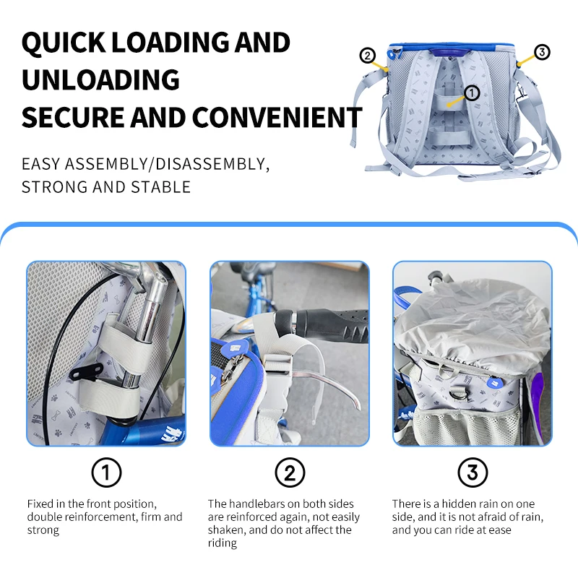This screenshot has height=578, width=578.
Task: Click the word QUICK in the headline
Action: pyautogui.click(x=64, y=43)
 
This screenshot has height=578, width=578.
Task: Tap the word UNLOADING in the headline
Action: pyautogui.click(x=100, y=79)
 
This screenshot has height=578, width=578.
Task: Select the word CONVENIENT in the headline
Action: pyautogui.click(x=277, y=117)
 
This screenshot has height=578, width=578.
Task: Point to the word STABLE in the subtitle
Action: pyautogui.click(x=160, y=187)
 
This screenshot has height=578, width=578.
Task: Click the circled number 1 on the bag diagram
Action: pyautogui.click(x=472, y=93)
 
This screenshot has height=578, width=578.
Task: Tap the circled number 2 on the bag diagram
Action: pyautogui.click(x=367, y=56)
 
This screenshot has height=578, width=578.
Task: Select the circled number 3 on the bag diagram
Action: pyautogui.click(x=542, y=52)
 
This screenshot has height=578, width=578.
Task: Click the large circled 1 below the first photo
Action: pyautogui.click(x=106, y=473)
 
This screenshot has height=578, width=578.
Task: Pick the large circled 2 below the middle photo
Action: pyautogui.click(x=290, y=473)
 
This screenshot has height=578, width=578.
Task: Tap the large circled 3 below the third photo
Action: pyautogui.click(x=473, y=473)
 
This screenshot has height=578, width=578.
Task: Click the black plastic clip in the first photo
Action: pyautogui.click(x=85, y=371)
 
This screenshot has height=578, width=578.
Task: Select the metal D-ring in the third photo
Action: pyautogui.click(x=460, y=394)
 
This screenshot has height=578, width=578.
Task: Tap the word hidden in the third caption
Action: pyautogui.click(x=460, y=504)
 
